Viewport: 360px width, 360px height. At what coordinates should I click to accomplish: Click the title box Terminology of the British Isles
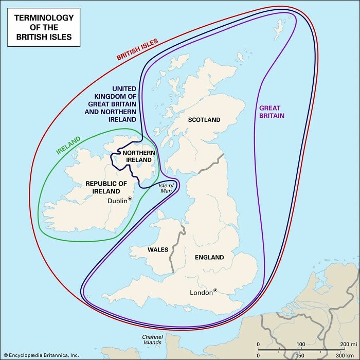click(44, 27)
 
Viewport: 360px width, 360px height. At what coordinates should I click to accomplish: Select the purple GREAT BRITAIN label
click(272, 112)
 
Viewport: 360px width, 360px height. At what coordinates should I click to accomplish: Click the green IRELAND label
click(68, 146)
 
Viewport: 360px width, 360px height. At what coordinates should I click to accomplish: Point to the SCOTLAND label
click(204, 120)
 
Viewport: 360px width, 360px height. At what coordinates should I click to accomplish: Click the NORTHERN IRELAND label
click(138, 156)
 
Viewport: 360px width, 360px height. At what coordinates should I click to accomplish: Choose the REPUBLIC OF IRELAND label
click(106, 187)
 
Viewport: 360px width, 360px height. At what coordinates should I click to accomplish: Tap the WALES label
click(158, 249)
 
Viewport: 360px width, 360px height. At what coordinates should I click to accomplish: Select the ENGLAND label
click(209, 257)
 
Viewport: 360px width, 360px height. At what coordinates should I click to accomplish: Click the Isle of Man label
click(166, 188)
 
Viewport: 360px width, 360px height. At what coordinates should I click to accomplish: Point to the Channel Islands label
click(152, 339)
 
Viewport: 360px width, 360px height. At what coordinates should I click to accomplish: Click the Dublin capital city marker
click(130, 199)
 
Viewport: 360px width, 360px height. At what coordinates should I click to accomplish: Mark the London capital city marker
click(215, 290)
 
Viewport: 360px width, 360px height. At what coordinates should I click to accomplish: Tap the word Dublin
click(117, 201)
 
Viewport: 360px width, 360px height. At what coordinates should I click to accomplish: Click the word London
click(201, 293)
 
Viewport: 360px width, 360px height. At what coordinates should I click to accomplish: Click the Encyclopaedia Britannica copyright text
click(40, 355)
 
